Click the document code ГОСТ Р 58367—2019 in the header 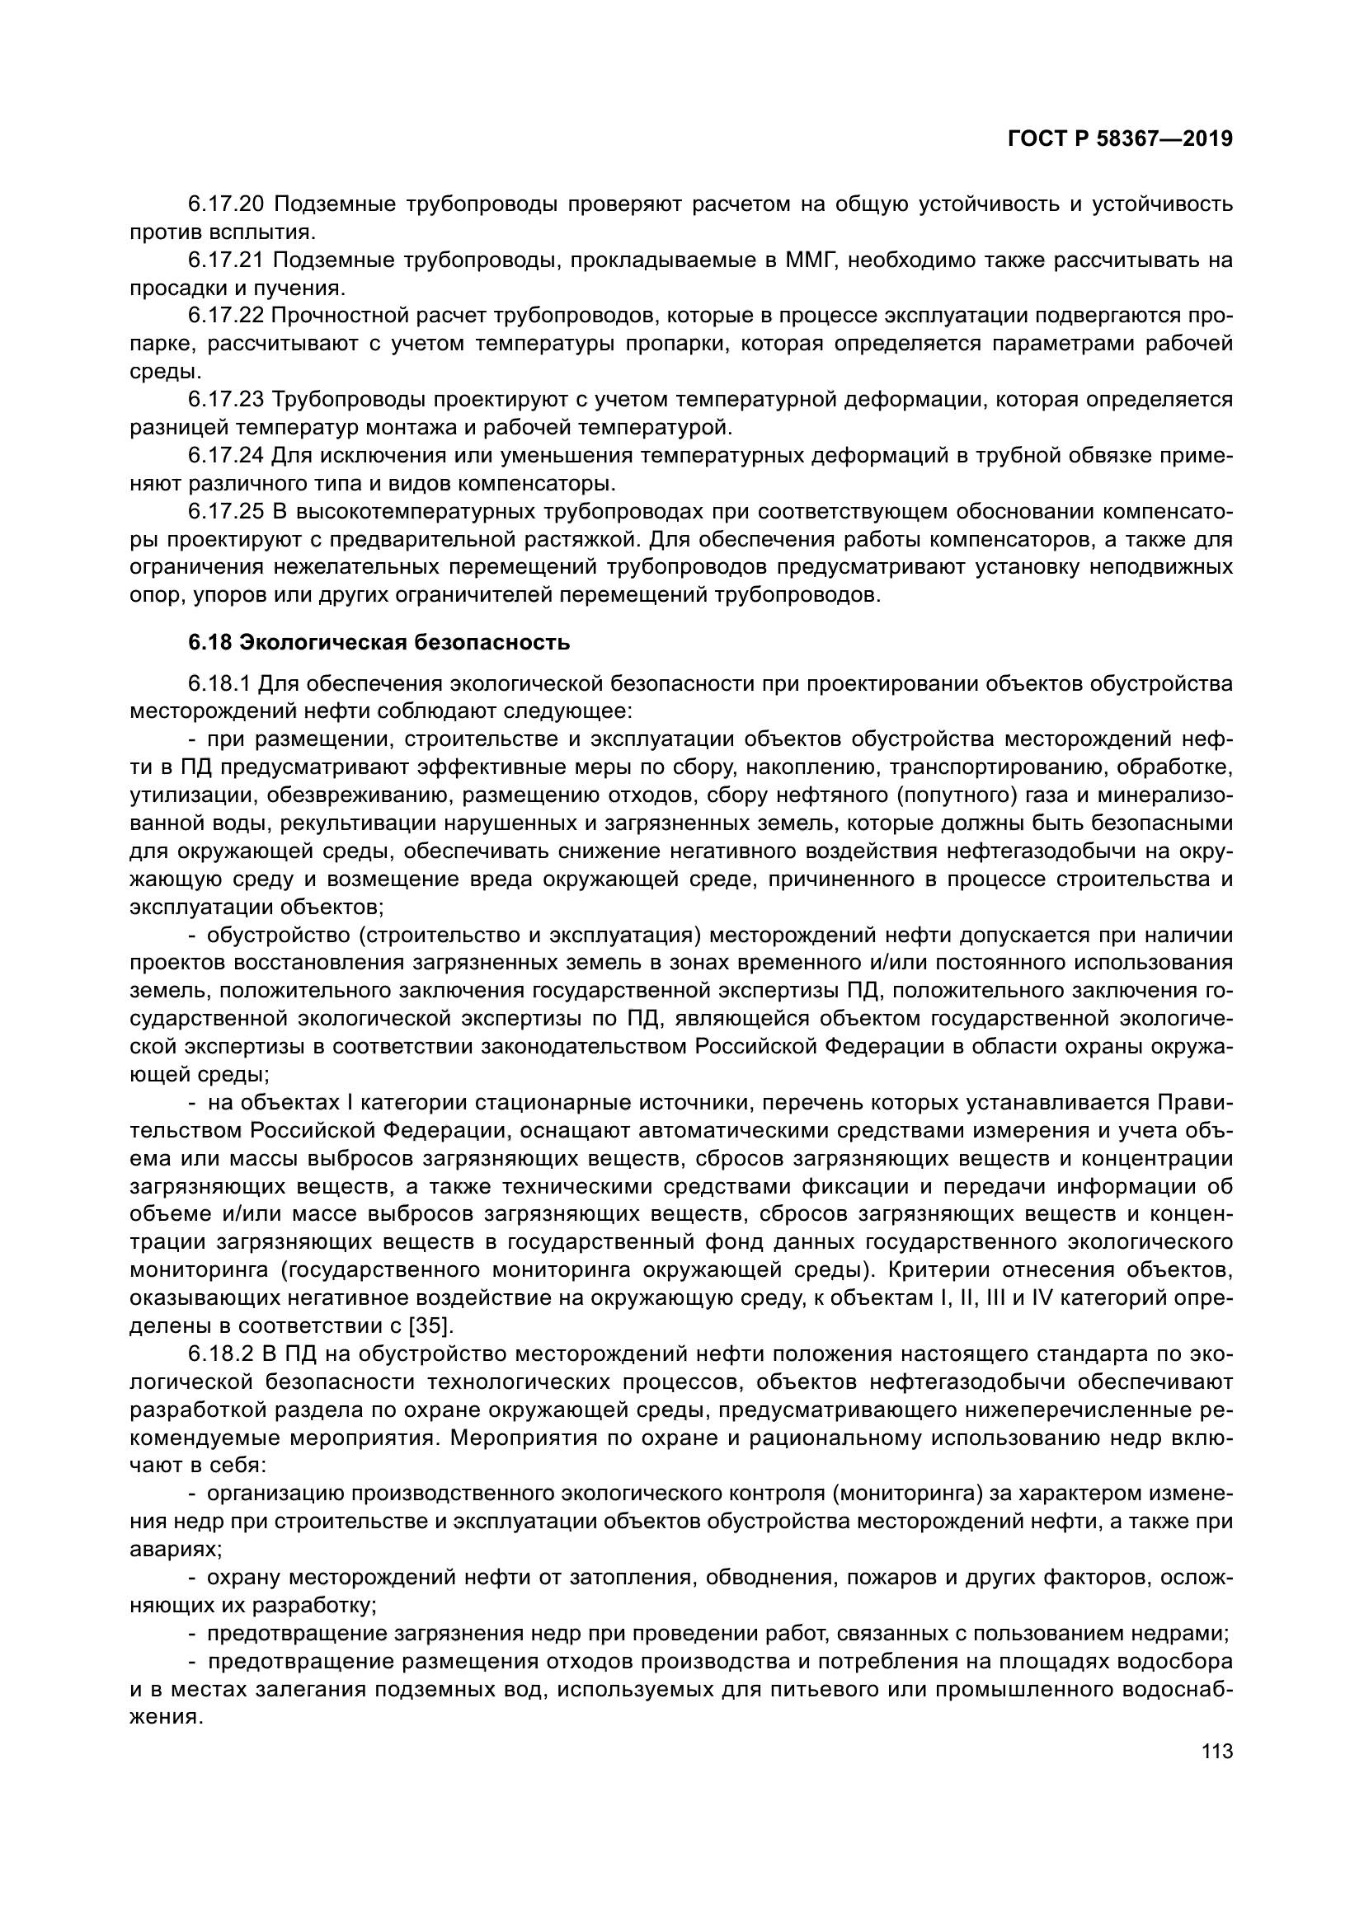[1120, 139]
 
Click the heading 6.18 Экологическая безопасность [379, 642]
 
